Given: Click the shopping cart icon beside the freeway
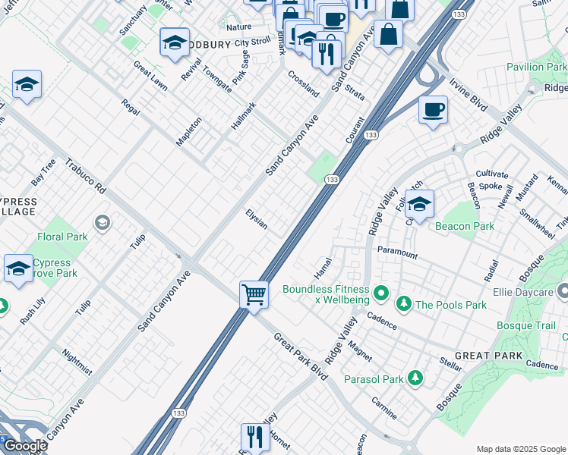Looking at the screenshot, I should [x=254, y=293].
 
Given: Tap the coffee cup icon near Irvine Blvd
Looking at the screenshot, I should [x=433, y=110].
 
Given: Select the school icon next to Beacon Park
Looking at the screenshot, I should [x=419, y=204].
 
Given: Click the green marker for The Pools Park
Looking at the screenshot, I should [x=404, y=305].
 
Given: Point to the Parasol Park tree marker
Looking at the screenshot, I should [x=415, y=377].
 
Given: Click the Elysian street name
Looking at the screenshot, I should [x=256, y=220].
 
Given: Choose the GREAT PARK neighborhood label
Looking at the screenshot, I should [x=488, y=356].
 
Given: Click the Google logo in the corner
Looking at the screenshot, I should [x=24, y=446].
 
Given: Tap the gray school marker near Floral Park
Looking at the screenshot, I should [x=102, y=222].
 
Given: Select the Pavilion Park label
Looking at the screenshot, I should [x=535, y=67].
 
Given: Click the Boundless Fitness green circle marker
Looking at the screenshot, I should [x=381, y=291].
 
